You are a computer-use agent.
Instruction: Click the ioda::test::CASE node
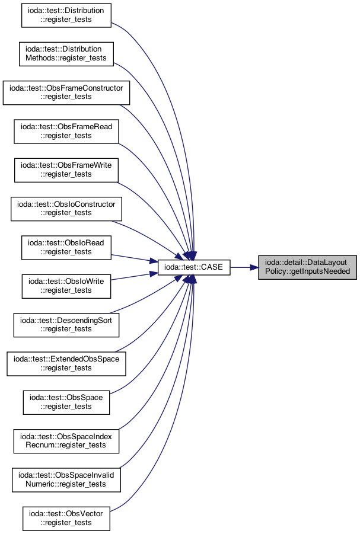coord(193,267)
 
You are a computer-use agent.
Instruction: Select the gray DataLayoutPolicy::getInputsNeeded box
coord(307,267)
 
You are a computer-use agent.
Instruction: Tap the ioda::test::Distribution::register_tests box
coord(66,15)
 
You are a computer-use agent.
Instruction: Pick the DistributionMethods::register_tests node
coord(66,54)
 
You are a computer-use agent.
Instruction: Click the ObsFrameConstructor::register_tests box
coord(66,92)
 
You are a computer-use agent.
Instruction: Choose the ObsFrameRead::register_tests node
coord(66,132)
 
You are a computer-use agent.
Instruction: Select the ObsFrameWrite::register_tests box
coord(66,170)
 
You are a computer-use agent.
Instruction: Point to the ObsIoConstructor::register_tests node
coord(66,209)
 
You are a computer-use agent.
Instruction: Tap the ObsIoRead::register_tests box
coord(66,248)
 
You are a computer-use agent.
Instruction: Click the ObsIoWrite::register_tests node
coord(66,286)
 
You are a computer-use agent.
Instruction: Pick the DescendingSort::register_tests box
coord(66,325)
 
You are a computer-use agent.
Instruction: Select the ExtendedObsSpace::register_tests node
coord(66,364)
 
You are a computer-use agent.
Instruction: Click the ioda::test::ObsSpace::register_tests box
coord(66,402)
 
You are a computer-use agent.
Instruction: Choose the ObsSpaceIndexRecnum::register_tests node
coord(66,441)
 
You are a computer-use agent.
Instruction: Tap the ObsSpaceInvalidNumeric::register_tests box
coord(66,480)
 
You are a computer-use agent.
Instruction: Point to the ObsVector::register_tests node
coord(66,519)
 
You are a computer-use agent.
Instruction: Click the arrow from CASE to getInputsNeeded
coord(244,267)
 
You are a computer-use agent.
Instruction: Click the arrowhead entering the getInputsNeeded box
coord(254,267)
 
